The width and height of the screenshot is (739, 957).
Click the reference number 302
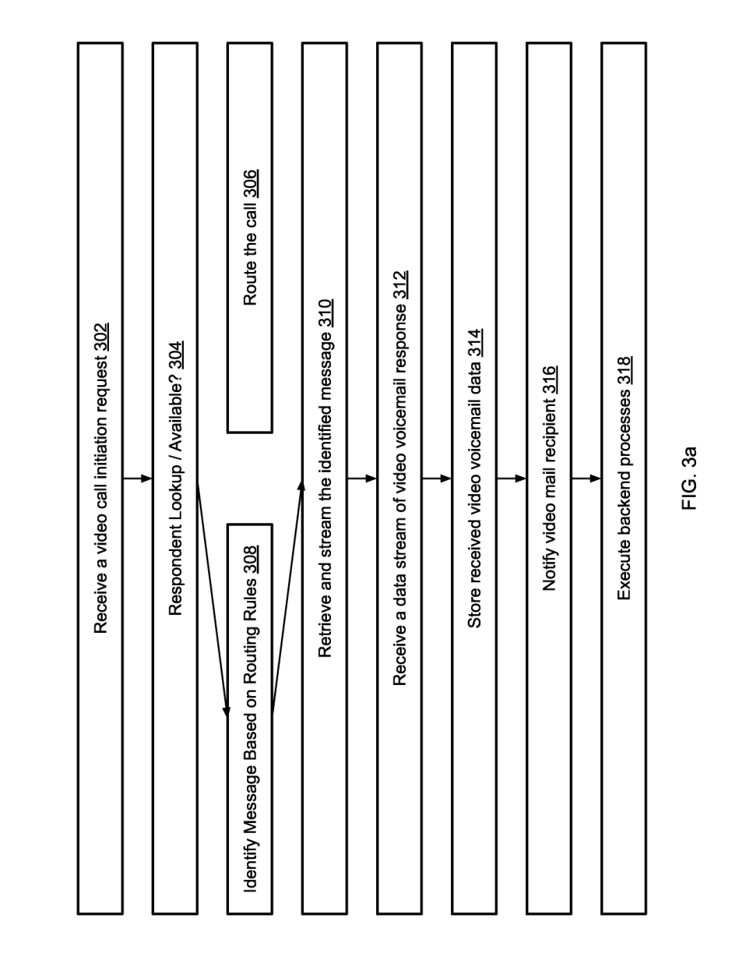click(x=102, y=337)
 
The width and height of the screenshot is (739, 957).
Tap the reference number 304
click(x=177, y=355)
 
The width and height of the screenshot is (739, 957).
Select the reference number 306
click(x=252, y=183)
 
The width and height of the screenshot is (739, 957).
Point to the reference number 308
click(x=252, y=559)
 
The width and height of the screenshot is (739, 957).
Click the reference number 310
click(x=326, y=313)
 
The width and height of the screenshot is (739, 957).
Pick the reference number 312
click(x=401, y=284)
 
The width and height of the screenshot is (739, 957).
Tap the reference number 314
click(x=476, y=343)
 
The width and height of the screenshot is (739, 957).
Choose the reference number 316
click(x=551, y=380)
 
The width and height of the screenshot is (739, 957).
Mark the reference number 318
click(x=625, y=370)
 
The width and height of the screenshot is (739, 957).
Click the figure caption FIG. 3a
click(x=689, y=478)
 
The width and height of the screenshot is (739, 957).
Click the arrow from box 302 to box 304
click(x=138, y=478)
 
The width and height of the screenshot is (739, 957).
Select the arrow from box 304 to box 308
click(x=213, y=600)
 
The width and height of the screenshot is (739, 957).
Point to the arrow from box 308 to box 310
click(x=287, y=596)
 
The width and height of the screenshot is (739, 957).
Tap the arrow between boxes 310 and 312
click(x=362, y=478)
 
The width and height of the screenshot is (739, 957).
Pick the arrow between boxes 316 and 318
click(x=586, y=478)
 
